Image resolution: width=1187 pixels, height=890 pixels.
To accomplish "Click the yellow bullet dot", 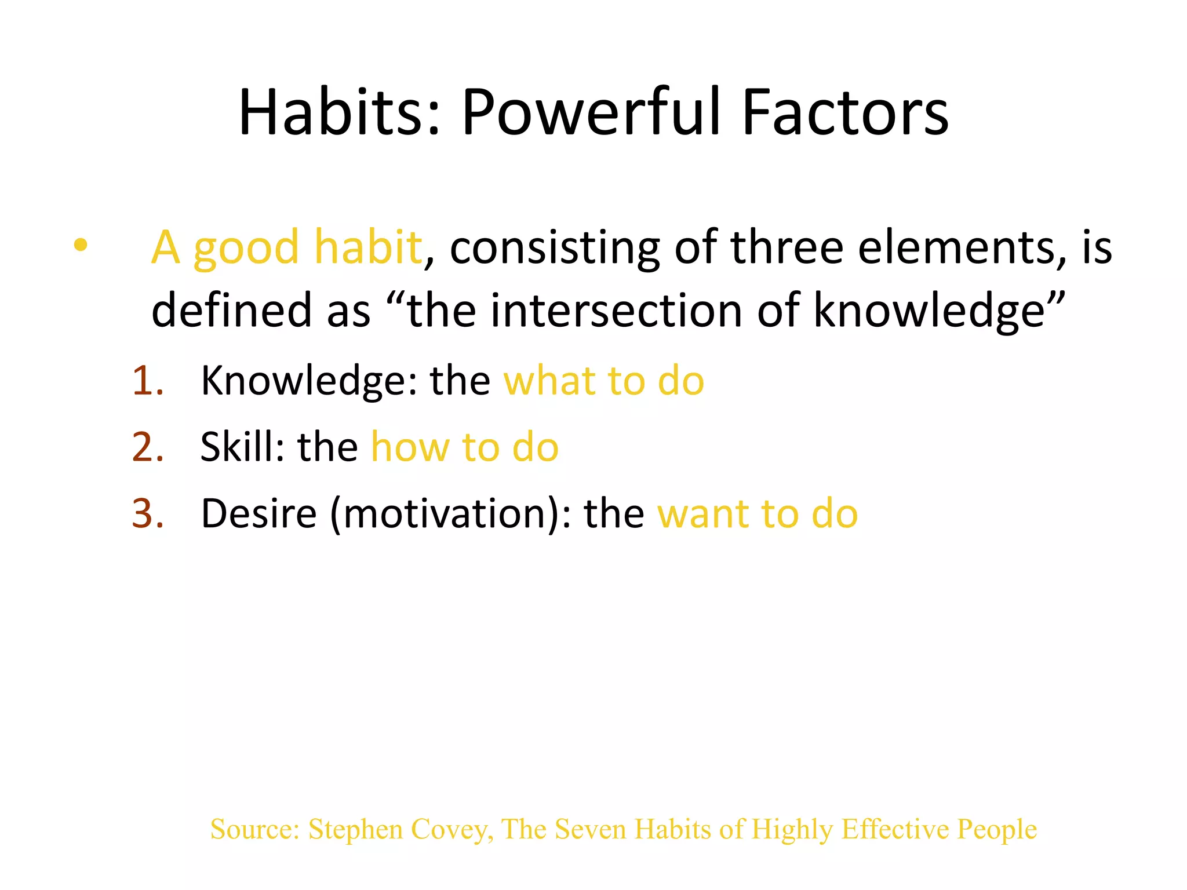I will (81, 245).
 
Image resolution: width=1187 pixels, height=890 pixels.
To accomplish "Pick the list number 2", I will (148, 447).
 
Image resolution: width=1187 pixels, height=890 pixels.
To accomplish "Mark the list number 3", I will (148, 513).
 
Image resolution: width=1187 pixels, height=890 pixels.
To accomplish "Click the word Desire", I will (258, 513).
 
